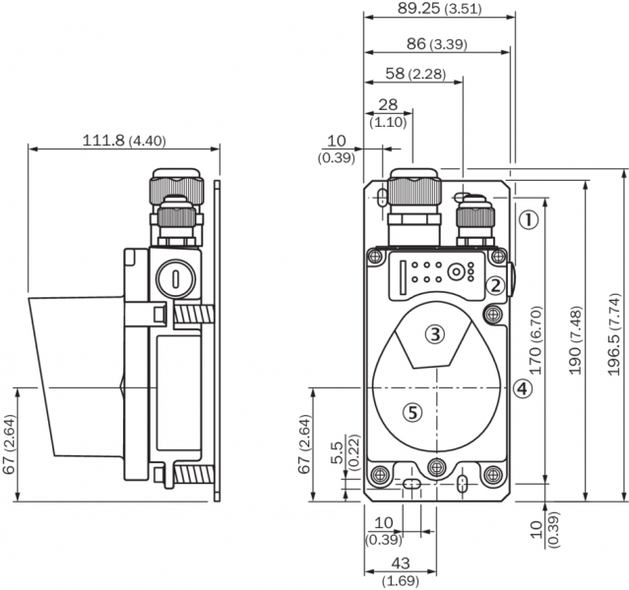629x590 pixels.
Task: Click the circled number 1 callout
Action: click(x=529, y=219)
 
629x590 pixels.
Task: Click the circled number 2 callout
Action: click(x=496, y=285)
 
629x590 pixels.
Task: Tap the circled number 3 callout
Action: click(x=435, y=334)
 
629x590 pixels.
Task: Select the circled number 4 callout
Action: click(x=522, y=388)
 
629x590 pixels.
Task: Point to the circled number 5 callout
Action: click(x=413, y=414)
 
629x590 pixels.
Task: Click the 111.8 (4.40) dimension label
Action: click(x=123, y=140)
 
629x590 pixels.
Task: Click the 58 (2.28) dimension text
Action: click(x=414, y=75)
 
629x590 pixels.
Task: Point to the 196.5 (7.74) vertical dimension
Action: click(x=613, y=335)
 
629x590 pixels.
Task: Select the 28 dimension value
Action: click(x=387, y=105)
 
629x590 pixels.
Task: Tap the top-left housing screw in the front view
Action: click(x=375, y=258)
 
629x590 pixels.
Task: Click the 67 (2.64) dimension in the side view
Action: click(x=10, y=444)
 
